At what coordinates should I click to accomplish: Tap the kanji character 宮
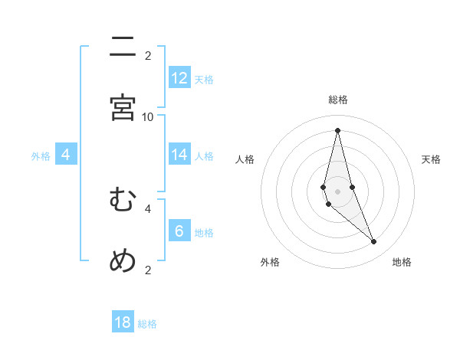coord(123,108)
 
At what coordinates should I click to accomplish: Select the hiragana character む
coord(123,200)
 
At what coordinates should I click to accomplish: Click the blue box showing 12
coord(179,78)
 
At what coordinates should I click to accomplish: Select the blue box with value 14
coord(179,155)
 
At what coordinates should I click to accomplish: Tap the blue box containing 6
coord(179,231)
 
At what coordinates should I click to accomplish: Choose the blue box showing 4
coord(66,155)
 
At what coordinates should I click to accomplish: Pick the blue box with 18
coord(123,322)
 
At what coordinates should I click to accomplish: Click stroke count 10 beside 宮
coord(148,116)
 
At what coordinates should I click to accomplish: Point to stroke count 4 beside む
coord(148,208)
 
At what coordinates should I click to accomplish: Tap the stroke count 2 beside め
coord(148,270)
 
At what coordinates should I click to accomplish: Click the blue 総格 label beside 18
coord(147,324)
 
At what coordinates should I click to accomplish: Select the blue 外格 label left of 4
coord(41,156)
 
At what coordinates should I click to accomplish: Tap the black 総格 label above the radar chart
coord(337,100)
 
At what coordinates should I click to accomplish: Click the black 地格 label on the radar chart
coord(402,262)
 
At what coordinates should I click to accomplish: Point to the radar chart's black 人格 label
coord(245,159)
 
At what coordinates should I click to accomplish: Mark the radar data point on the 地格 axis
coord(374,242)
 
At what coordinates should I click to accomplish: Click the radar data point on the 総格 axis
coord(337,129)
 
